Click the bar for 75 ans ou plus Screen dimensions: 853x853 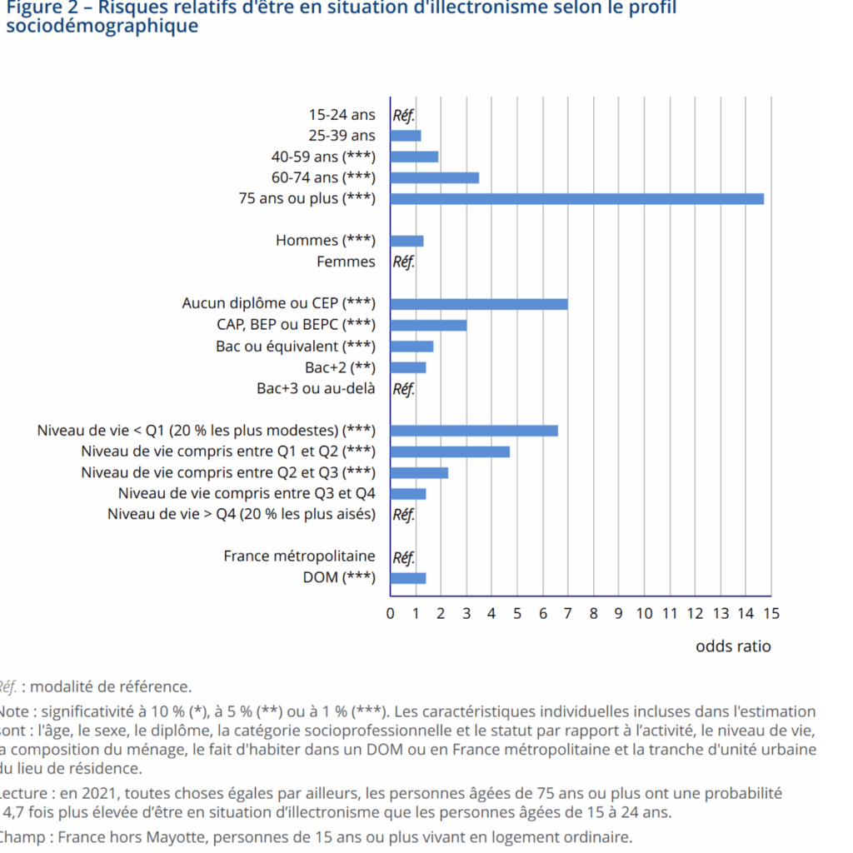(576, 198)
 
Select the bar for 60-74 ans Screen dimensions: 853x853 (434, 177)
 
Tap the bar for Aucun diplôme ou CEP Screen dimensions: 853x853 (479, 304)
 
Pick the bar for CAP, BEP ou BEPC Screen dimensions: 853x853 (428, 325)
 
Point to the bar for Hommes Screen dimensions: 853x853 (407, 241)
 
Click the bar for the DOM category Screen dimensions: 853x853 (408, 578)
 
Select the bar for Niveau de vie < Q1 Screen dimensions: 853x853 (474, 431)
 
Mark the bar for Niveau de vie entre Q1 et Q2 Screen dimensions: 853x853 (450, 451)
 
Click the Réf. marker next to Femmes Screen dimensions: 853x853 (403, 262)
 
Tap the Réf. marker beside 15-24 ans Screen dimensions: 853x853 (403, 115)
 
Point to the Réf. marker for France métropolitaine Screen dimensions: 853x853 (403, 556)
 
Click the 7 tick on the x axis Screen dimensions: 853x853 (568, 614)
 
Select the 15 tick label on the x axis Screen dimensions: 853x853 (771, 614)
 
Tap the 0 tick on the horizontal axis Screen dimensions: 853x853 (390, 614)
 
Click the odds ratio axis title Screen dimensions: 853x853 (733, 646)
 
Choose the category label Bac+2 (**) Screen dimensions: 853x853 (340, 367)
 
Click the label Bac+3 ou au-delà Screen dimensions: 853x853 (316, 388)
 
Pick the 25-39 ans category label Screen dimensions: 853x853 (342, 136)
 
